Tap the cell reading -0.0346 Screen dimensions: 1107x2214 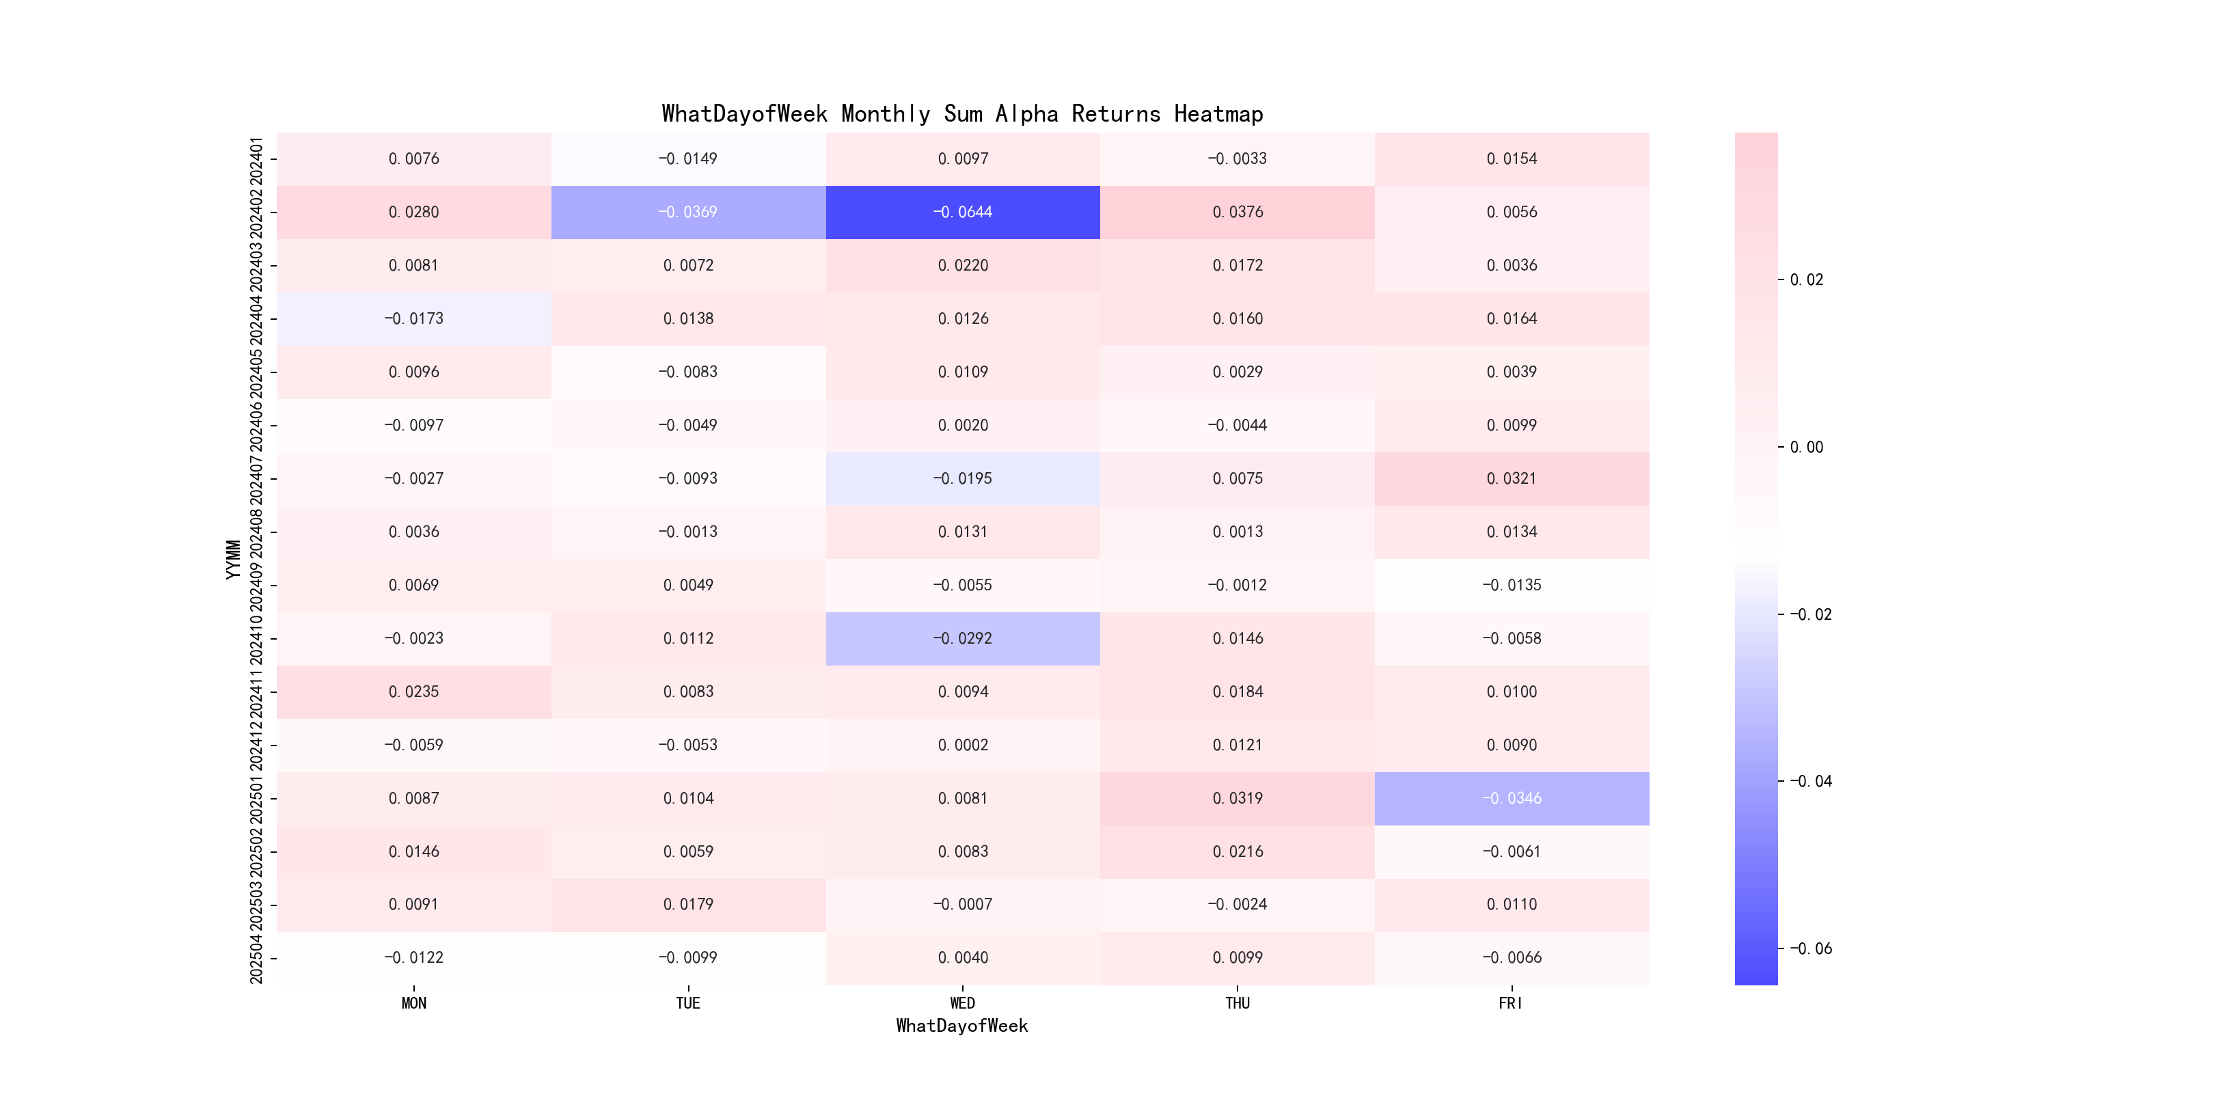point(1512,798)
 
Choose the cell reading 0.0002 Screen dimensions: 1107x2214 point(963,745)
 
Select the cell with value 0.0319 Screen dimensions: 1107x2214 point(1238,798)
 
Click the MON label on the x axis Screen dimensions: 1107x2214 point(413,1003)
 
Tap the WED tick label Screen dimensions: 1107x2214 point(963,1003)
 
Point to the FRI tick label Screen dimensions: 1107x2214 point(1511,1003)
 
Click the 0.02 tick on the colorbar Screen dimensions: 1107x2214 point(1807,280)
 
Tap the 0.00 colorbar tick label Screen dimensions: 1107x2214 point(1807,447)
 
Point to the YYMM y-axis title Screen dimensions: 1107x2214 point(233,559)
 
